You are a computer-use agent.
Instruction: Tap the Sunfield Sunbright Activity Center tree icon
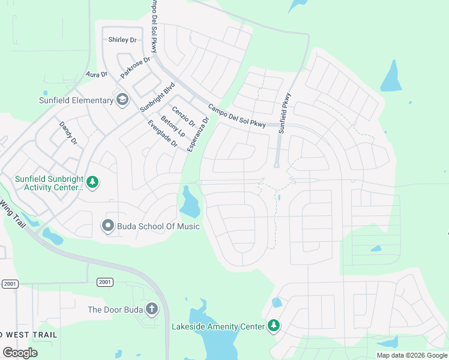(x=92, y=181)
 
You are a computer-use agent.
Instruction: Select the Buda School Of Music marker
(x=108, y=226)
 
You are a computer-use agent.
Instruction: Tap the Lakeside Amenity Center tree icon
(x=274, y=326)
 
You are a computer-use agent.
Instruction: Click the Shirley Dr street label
(x=122, y=40)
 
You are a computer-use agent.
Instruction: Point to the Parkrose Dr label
(x=137, y=67)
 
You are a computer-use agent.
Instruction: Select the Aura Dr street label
(x=96, y=74)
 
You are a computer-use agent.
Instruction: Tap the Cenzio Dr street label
(x=184, y=116)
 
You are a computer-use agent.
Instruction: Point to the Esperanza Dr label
(x=199, y=134)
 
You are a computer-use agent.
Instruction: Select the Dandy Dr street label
(x=68, y=133)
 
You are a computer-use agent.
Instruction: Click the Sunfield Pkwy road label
(x=285, y=112)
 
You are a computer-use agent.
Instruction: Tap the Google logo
(x=20, y=352)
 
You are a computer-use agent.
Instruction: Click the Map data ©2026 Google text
(x=411, y=355)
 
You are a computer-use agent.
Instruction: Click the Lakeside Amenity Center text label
(x=218, y=326)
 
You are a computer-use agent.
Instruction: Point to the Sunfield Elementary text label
(x=76, y=100)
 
